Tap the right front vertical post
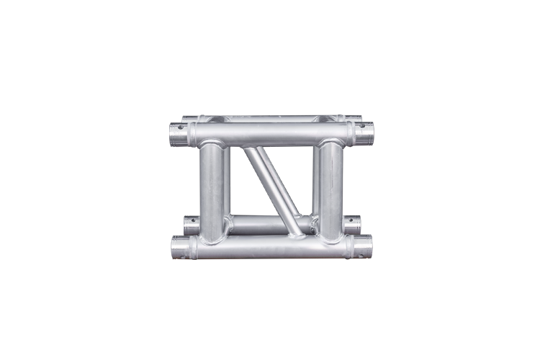coord(330,191)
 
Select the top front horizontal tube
coord(271,133)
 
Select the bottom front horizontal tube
coord(271,247)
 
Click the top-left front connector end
coord(179,134)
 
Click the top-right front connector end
coord(365,132)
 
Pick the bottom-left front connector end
coord(180,247)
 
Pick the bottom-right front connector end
coord(363,246)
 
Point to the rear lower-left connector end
coord(191,225)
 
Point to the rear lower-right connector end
coord(352,225)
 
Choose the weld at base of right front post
coord(330,238)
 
